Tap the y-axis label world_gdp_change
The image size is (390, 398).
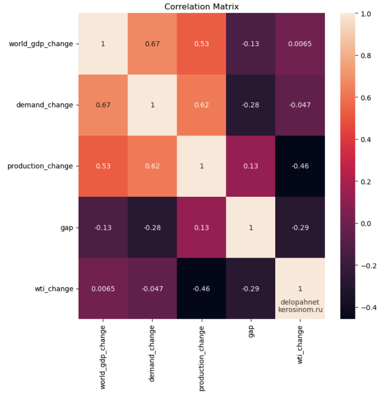pos(41,43)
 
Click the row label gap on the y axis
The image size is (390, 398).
pos(67,227)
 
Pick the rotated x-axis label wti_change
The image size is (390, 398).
pos(300,348)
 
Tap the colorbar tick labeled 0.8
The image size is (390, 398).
pos(365,55)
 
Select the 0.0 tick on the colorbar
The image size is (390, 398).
pos(365,223)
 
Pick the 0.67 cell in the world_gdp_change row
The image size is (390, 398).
pos(153,43)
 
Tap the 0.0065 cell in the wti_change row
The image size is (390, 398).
pos(103,289)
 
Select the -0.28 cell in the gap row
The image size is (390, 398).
pos(153,227)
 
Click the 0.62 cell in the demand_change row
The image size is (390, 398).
pos(202,105)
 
